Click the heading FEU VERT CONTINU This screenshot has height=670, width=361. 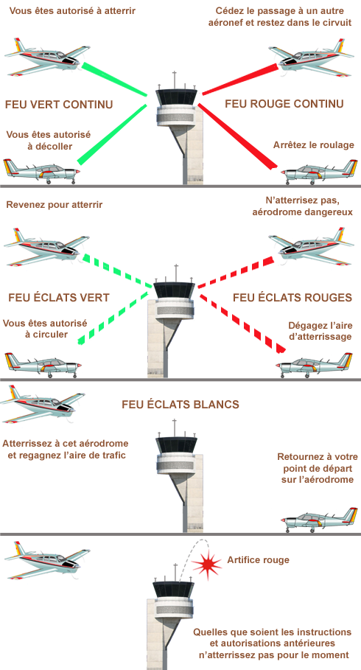click(x=59, y=104)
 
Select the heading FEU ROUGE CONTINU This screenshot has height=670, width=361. click(x=284, y=104)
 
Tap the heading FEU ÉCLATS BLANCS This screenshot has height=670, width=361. click(x=180, y=404)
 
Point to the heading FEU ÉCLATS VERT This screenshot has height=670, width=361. click(x=59, y=297)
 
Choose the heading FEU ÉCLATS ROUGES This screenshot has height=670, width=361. click(x=292, y=297)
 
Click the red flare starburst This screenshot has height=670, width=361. click(x=207, y=565)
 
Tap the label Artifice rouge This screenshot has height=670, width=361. click(x=258, y=559)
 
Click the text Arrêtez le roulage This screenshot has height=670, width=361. click(x=314, y=145)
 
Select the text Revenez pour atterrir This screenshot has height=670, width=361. click(x=55, y=205)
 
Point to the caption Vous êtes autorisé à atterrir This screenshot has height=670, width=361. click(x=72, y=10)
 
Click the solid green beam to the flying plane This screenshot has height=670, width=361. click(x=114, y=80)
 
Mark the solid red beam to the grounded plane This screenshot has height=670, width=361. click(x=237, y=136)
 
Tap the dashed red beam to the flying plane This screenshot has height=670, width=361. click(x=236, y=272)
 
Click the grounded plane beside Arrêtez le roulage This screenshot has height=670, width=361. click(x=320, y=172)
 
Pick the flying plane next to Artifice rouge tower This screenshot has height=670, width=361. click(x=46, y=559)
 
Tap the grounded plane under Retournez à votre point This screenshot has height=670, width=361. click(x=320, y=520)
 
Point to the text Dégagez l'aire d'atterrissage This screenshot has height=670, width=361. click(x=320, y=331)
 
